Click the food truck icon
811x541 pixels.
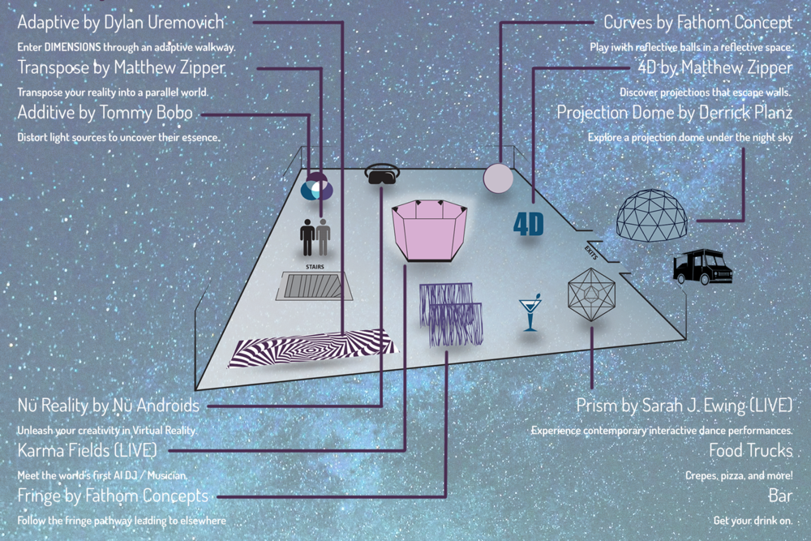(x=702, y=266)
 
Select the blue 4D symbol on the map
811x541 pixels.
(x=529, y=225)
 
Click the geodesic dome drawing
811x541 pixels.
(x=652, y=215)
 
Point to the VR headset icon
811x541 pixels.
(x=382, y=174)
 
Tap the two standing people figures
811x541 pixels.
(x=315, y=238)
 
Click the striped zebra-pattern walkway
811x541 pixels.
(x=313, y=348)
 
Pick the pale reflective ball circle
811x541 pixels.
(x=498, y=178)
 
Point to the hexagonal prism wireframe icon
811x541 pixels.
(x=591, y=294)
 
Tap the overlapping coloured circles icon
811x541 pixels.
(x=317, y=187)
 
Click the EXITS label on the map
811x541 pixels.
(x=591, y=253)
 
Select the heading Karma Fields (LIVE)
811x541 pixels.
(x=87, y=450)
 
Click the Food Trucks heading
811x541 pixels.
(x=750, y=450)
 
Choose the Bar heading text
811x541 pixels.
(x=780, y=496)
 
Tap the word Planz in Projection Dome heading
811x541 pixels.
(x=772, y=112)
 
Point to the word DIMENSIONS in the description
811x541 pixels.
(x=72, y=47)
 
